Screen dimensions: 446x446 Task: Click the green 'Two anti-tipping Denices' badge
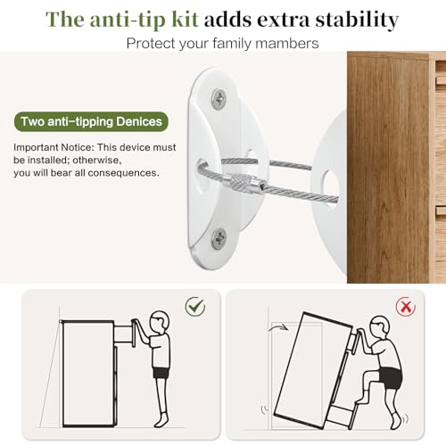point(91,121)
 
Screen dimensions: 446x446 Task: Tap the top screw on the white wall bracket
point(219,97)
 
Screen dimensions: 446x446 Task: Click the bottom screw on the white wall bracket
point(219,238)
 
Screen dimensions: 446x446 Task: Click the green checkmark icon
point(195,306)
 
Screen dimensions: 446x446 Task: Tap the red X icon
point(406,307)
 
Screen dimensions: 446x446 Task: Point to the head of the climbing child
point(379,326)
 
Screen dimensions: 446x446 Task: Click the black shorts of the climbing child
point(390,378)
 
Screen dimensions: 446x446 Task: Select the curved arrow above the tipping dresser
point(278,326)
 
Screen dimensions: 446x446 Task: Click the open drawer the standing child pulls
point(124,334)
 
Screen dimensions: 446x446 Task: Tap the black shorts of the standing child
point(161,373)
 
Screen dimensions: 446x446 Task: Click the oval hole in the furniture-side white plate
point(329,186)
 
